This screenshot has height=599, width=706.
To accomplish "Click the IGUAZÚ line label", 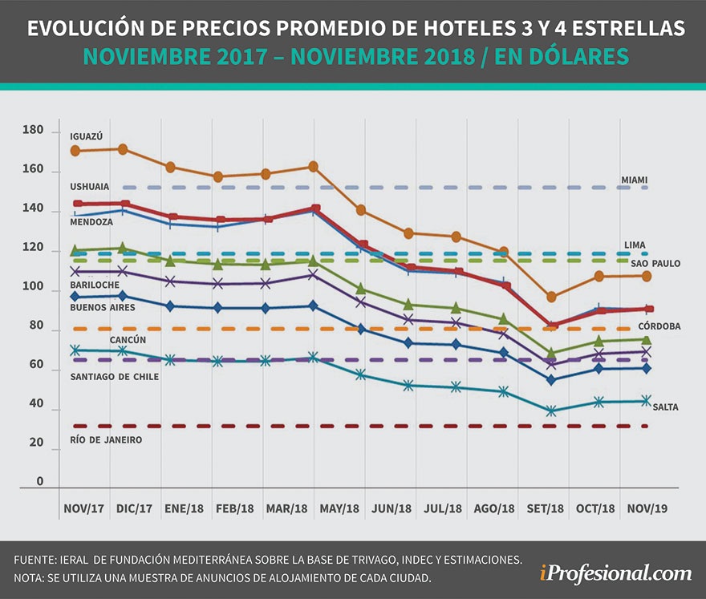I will [x=86, y=136].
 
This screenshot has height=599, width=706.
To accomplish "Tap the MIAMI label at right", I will [x=636, y=180].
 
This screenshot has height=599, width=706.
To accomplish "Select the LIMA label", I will [x=635, y=245].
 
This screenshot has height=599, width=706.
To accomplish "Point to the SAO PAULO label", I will [x=655, y=263].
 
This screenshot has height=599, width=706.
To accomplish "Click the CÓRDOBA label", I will [x=659, y=326].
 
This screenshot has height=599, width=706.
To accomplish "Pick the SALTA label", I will [x=665, y=407].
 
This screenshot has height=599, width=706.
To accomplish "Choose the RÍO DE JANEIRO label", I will [x=106, y=440].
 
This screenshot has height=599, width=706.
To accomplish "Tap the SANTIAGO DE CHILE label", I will [x=114, y=376].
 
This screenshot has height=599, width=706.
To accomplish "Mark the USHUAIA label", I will [x=90, y=186].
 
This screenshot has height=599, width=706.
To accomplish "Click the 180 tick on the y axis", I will [x=33, y=130].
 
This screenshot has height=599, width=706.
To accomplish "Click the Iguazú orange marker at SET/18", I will [x=551, y=297].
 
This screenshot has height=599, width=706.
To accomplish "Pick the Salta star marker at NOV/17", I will [x=75, y=350].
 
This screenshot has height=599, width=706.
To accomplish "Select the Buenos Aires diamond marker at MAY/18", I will [x=313, y=306].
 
